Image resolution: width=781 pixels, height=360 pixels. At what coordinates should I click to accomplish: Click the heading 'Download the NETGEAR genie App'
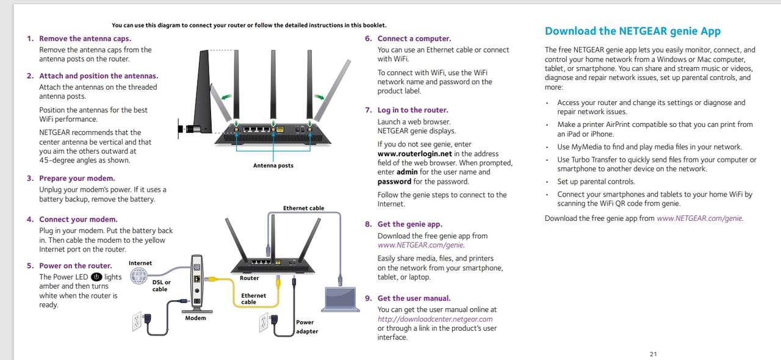(x=633, y=31)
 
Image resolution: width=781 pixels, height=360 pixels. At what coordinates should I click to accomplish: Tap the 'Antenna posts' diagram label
(x=273, y=165)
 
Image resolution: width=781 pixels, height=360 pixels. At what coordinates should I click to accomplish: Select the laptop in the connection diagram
(x=340, y=300)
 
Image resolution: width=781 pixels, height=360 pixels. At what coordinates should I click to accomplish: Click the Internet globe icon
(x=139, y=276)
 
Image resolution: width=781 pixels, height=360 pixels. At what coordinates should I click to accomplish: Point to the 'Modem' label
(x=195, y=318)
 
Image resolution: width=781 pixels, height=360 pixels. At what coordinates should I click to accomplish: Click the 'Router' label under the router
(x=250, y=278)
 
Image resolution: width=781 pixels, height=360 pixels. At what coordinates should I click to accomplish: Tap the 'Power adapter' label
(x=307, y=327)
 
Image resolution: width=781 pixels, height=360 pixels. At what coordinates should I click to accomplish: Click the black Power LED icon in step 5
(x=96, y=277)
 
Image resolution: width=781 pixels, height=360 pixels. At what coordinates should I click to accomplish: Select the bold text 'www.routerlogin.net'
(x=414, y=154)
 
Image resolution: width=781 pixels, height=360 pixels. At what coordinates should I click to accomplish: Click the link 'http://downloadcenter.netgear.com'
(x=435, y=319)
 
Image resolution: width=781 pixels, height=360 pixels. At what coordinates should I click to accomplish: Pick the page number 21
(x=653, y=354)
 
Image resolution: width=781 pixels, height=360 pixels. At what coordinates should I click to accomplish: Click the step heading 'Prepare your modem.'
(x=77, y=178)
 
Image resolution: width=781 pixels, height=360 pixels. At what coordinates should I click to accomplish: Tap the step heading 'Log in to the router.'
(x=413, y=110)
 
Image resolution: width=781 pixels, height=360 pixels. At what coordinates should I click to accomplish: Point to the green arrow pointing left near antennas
(x=226, y=96)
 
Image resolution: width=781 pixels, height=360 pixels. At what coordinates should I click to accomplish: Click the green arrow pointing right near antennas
(x=319, y=97)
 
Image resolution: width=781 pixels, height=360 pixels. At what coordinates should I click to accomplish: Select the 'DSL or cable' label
(x=161, y=286)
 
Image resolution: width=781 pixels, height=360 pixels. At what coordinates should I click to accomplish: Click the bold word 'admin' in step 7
(x=407, y=172)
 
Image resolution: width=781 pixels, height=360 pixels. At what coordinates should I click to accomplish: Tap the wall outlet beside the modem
(x=137, y=321)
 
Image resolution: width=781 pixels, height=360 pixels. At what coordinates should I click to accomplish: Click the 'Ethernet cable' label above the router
(x=303, y=208)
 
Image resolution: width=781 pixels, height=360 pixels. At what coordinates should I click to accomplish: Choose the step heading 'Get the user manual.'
(x=414, y=298)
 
